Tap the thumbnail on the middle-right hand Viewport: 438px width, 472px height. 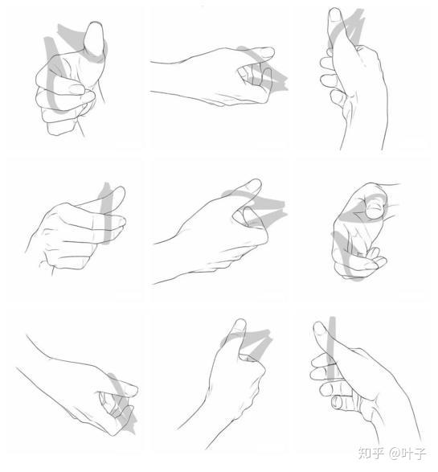point(374,208)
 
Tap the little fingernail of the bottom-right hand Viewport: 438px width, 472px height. point(336,402)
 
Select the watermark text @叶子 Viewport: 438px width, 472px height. point(407,454)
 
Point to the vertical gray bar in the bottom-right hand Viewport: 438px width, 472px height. point(331,349)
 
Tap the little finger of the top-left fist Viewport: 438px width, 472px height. point(60,128)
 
